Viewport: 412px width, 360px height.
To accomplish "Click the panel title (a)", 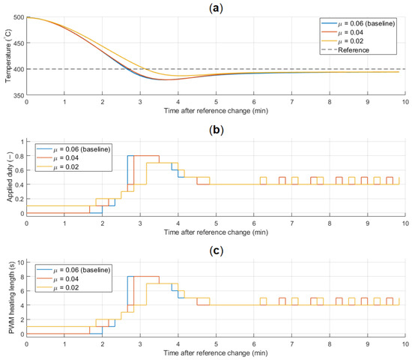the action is tap(216, 8).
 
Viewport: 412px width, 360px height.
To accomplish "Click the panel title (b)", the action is tap(216, 130).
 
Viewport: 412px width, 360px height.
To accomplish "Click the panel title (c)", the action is tap(216, 250).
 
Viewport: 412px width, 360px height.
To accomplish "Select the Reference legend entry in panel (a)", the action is tap(345, 50).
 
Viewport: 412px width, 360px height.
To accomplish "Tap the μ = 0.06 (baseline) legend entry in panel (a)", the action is tap(358, 23).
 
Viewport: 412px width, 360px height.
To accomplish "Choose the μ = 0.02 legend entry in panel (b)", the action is tap(58, 166).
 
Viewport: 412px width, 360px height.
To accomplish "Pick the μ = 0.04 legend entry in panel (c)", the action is tap(58, 279).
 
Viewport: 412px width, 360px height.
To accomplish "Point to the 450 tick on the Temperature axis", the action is tap(19, 43).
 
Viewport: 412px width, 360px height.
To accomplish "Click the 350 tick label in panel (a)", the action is tap(19, 95).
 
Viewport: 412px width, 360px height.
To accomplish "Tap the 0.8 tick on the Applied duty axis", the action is tap(19, 156).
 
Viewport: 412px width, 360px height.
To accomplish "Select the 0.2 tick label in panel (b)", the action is tap(19, 199).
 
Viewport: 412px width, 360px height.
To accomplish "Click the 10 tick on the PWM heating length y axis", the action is tap(20, 262).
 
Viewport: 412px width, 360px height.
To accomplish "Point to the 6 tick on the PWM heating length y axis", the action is tap(22, 291).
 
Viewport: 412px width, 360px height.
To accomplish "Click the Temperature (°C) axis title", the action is tap(8, 55).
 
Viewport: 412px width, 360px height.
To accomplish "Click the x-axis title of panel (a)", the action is tap(216, 111).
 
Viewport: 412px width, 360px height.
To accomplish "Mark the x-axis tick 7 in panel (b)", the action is tap(291, 223).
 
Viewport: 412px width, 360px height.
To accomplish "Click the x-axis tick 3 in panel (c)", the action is tap(140, 344).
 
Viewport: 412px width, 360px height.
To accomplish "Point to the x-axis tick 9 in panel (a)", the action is tap(367, 102).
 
